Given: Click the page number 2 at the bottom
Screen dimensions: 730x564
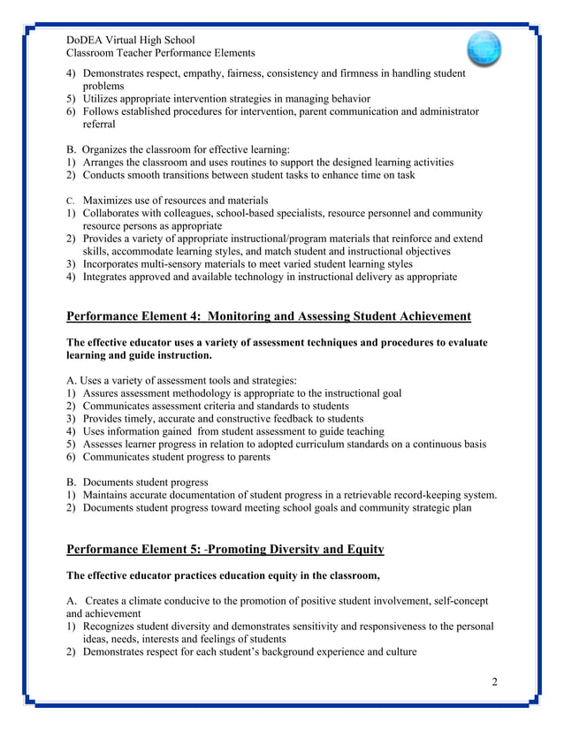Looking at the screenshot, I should (x=495, y=681).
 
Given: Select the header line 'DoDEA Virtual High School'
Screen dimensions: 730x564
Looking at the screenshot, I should (x=131, y=40).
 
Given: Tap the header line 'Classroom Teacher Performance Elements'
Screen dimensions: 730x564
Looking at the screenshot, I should (x=161, y=54).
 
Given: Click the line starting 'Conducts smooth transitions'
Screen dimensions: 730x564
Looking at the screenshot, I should (x=248, y=174).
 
